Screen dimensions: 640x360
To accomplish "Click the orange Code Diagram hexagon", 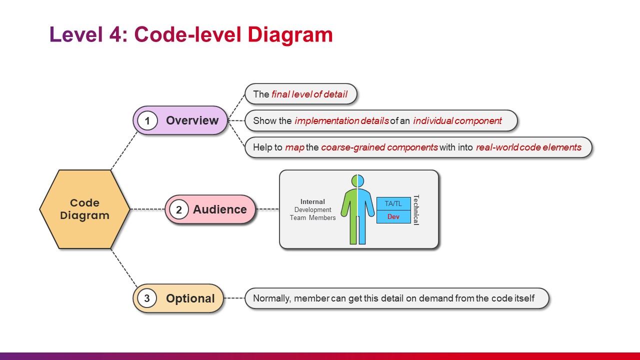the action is tap(85, 209).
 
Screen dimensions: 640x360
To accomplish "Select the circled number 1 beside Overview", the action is tap(147, 120).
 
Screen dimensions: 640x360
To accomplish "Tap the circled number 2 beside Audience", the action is tap(179, 209).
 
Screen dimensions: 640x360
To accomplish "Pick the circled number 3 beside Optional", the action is tap(147, 298).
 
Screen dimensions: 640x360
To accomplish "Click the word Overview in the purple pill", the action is tap(192, 120).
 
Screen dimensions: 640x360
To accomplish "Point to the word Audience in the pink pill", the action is tap(219, 209).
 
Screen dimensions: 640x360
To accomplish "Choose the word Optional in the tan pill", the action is tap(190, 298).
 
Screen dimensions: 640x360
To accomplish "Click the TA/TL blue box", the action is tap(393, 203).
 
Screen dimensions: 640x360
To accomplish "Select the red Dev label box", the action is tap(393, 217).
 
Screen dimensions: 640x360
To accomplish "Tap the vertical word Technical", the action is tap(416, 210).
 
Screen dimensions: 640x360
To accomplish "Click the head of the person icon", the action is tap(357, 181).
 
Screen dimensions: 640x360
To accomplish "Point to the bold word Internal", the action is tap(312, 201).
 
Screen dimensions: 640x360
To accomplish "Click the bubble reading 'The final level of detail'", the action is tap(301, 94).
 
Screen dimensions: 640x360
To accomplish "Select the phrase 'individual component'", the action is tap(457, 121).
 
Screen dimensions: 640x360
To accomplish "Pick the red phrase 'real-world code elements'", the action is tap(529, 147).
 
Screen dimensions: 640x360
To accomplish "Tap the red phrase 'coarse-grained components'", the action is tap(379, 147).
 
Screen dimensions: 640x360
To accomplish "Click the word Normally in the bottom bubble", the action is tap(272, 298).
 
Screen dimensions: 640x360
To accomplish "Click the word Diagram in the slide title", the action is tap(290, 35).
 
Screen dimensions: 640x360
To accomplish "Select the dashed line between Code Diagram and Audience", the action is tap(147, 209).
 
